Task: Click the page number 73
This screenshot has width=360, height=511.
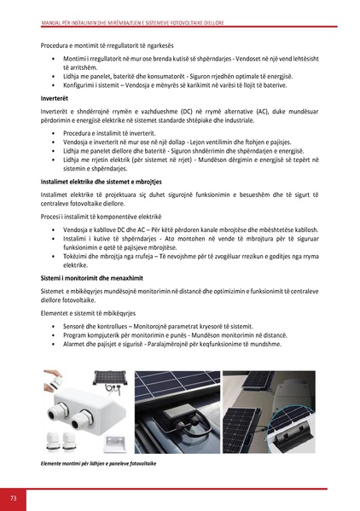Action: (x=14, y=497)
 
